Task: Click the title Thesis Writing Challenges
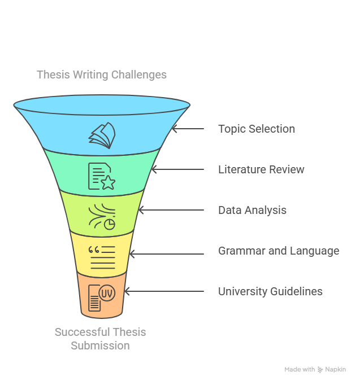(102, 75)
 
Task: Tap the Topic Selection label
(257, 129)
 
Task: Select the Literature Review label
(261, 169)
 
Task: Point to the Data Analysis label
(253, 210)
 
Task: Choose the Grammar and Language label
(279, 251)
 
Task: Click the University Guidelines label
(270, 291)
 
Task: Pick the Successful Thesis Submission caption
(100, 339)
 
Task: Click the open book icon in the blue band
(102, 135)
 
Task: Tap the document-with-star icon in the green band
(102, 176)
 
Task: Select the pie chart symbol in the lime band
(109, 224)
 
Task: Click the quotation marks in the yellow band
(94, 250)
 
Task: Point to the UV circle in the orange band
(107, 293)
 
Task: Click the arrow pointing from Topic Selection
(188, 129)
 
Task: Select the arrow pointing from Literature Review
(177, 169)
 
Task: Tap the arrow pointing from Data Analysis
(171, 210)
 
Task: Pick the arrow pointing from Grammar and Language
(167, 254)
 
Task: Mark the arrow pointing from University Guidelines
(164, 291)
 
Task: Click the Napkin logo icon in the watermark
(320, 370)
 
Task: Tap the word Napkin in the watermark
(336, 370)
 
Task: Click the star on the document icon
(108, 183)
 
